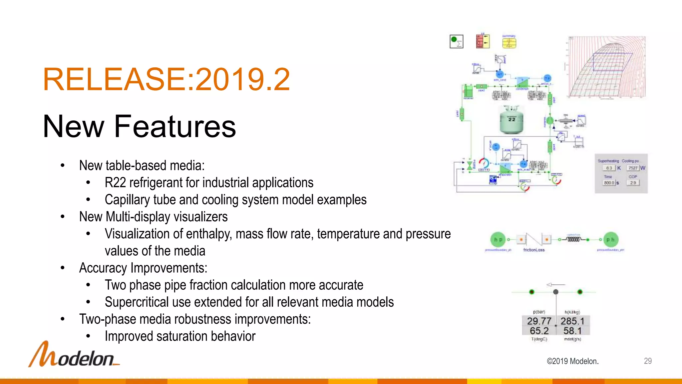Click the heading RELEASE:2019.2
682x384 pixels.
(x=167, y=79)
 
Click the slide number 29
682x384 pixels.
(x=647, y=361)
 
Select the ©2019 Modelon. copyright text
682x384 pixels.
(x=572, y=361)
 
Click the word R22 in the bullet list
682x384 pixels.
(x=115, y=183)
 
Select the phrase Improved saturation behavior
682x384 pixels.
(x=180, y=336)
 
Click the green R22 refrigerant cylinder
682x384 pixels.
(x=511, y=120)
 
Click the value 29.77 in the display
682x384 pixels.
(x=539, y=321)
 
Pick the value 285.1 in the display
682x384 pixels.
(x=572, y=321)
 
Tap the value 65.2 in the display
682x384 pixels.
(x=539, y=331)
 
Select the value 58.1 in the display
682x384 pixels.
(x=572, y=331)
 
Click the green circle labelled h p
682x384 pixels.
(x=498, y=239)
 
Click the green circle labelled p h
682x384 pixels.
(x=610, y=239)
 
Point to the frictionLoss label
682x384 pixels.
(x=534, y=250)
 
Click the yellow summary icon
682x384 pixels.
(x=509, y=43)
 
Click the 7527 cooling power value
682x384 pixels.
(x=633, y=168)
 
